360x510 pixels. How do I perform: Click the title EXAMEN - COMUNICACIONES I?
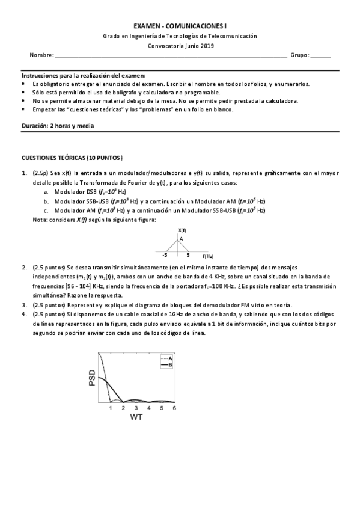click(180, 26)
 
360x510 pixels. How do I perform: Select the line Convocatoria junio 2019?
click(180, 45)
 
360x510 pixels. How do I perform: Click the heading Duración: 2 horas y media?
click(58, 126)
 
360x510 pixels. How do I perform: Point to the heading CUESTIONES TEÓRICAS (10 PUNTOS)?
click(72, 158)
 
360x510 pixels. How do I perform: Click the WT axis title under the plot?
click(136, 417)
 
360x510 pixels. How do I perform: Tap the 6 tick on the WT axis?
click(174, 408)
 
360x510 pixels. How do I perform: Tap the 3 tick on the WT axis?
click(136, 408)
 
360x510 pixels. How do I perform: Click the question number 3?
click(25, 305)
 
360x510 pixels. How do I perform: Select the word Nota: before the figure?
click(40, 220)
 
